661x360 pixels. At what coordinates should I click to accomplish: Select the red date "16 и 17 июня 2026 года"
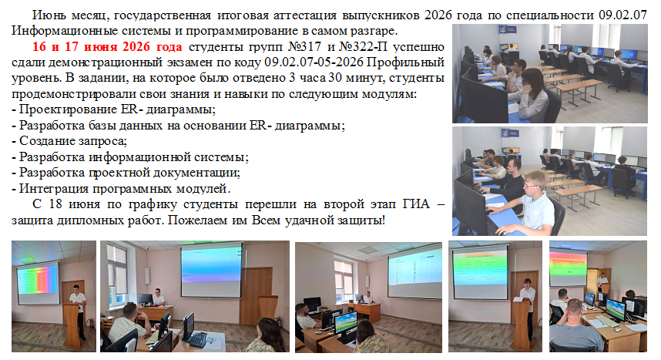[x=107, y=47]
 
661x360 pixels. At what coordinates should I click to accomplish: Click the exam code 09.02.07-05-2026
[x=314, y=62]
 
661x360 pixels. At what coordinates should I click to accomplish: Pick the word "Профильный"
[x=405, y=62]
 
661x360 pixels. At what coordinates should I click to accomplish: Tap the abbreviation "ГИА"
[x=416, y=204]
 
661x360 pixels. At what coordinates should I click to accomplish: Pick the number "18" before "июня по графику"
[x=55, y=204]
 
